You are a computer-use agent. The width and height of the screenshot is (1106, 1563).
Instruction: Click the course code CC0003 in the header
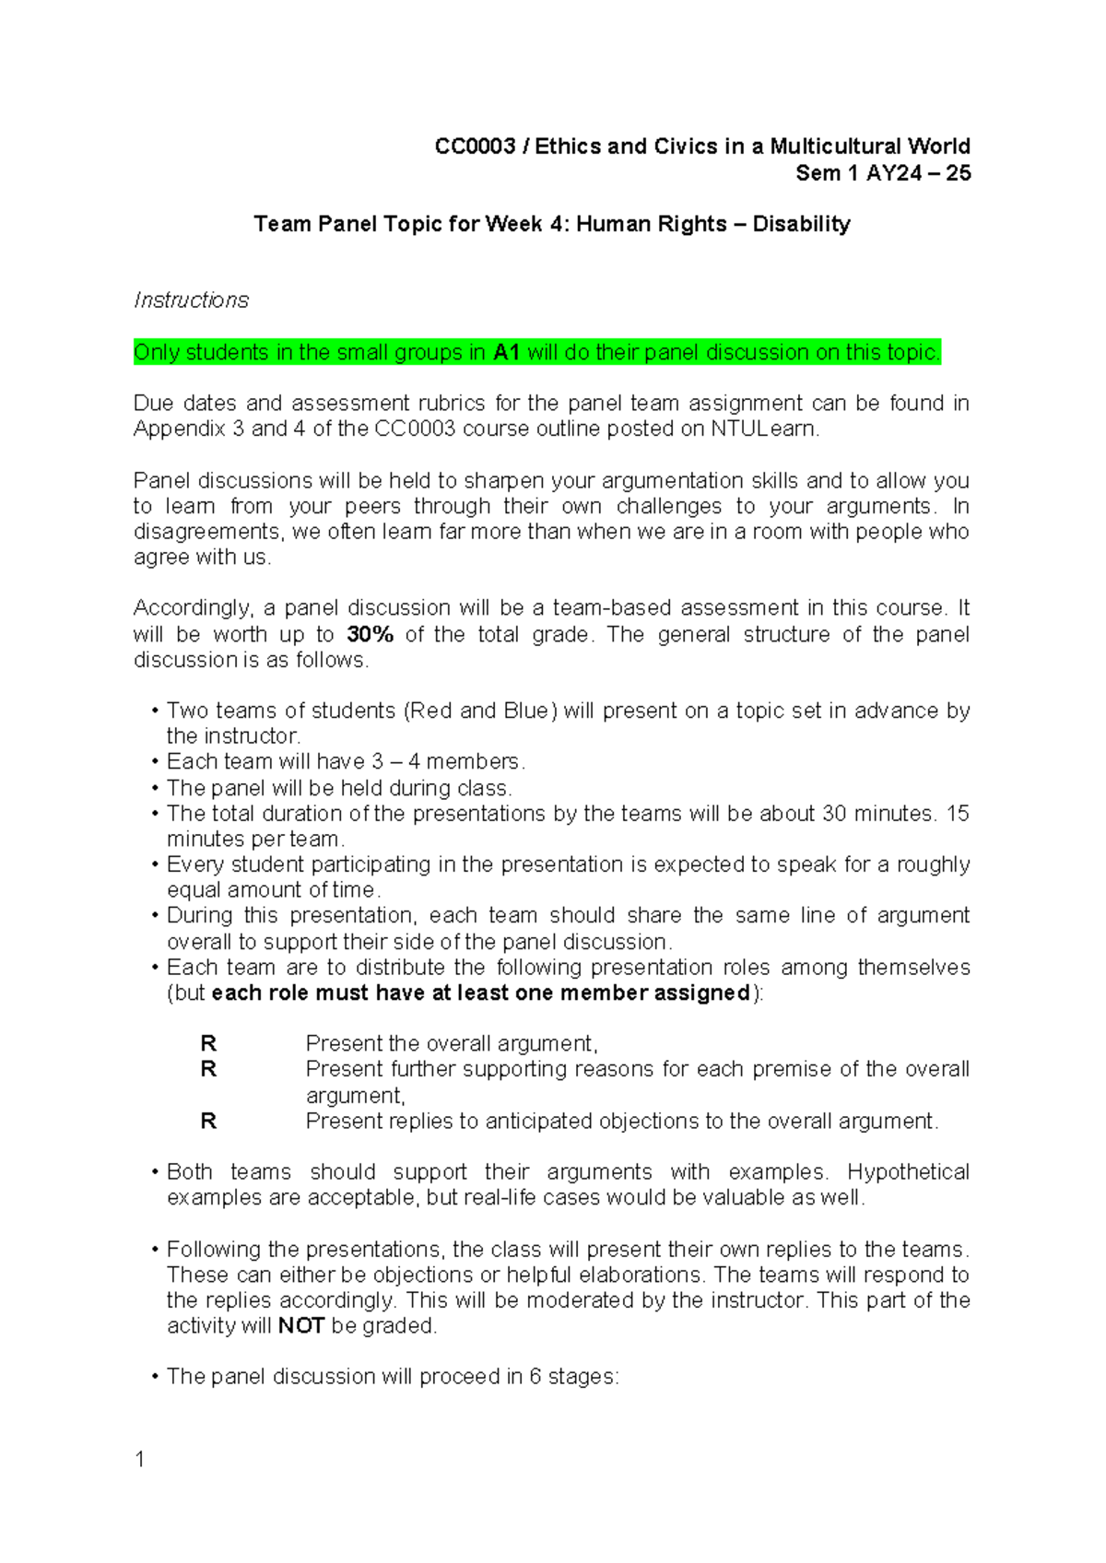coord(475,147)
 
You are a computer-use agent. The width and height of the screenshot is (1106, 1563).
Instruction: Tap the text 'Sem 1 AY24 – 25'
coord(883,173)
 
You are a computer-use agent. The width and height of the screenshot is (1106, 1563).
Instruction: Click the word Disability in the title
coord(801,224)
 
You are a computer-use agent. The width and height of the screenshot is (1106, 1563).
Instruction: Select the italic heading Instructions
coord(191,300)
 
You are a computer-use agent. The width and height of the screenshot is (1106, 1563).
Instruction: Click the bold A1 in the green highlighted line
coord(507,353)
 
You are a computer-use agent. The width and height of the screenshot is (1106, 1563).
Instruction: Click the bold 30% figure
coord(371,634)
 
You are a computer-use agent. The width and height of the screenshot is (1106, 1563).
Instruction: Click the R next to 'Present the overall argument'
coord(208,1043)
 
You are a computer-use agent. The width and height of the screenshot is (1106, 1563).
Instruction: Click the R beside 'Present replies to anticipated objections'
coord(208,1122)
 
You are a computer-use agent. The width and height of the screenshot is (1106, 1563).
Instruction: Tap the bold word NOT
coord(301,1326)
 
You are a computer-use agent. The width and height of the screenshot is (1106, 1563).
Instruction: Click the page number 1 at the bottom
coord(139,1459)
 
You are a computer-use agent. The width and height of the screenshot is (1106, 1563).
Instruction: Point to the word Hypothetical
coord(908,1172)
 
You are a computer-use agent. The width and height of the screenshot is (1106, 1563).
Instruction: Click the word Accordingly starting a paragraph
coord(193,608)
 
